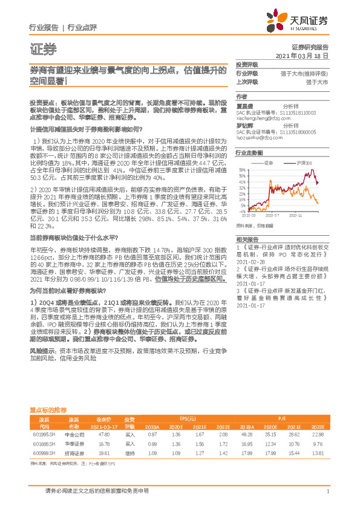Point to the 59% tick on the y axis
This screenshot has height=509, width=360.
pos(241,169)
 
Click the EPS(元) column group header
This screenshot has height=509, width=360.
pos(192,418)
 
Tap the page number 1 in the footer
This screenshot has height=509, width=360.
pos(327,491)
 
